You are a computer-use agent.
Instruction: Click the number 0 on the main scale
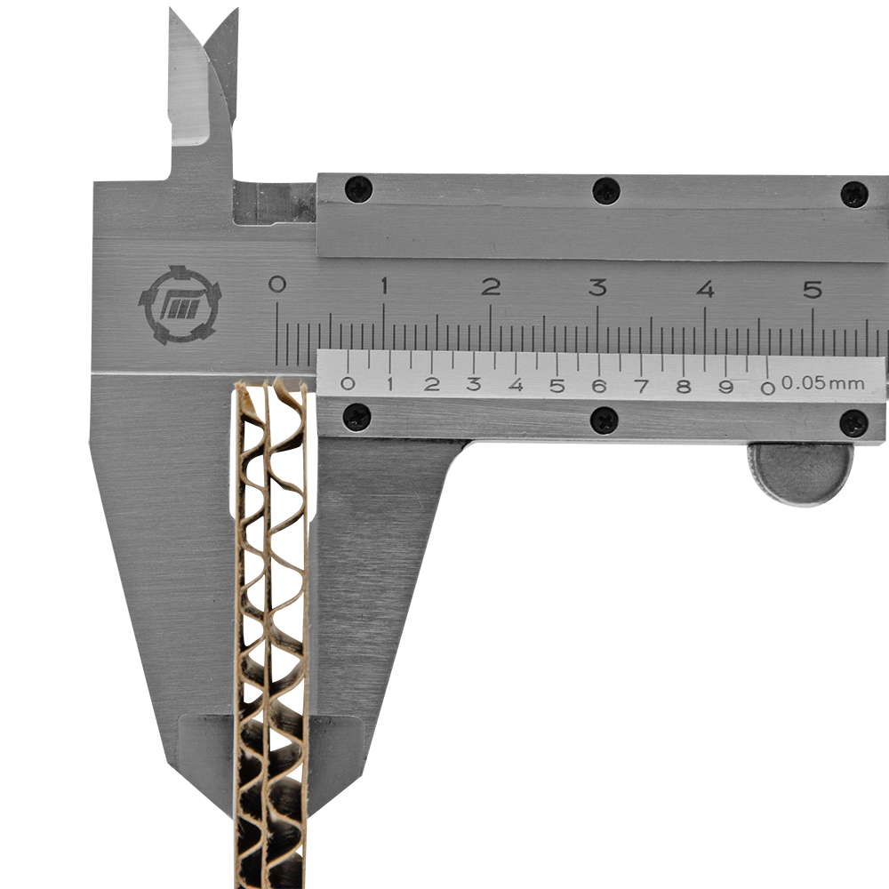pos(276,284)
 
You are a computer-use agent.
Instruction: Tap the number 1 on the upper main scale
pos(384,285)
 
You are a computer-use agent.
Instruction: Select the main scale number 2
pos(491,286)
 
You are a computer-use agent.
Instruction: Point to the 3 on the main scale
pos(597,287)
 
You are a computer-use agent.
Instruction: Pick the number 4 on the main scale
pos(705,289)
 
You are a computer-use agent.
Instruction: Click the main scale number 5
pos(813,290)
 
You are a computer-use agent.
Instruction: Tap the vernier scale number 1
pos(390,384)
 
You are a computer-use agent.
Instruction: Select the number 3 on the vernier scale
pos(474,384)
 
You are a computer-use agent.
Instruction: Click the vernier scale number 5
pos(557,386)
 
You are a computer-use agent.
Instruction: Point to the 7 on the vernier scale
pos(641,386)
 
